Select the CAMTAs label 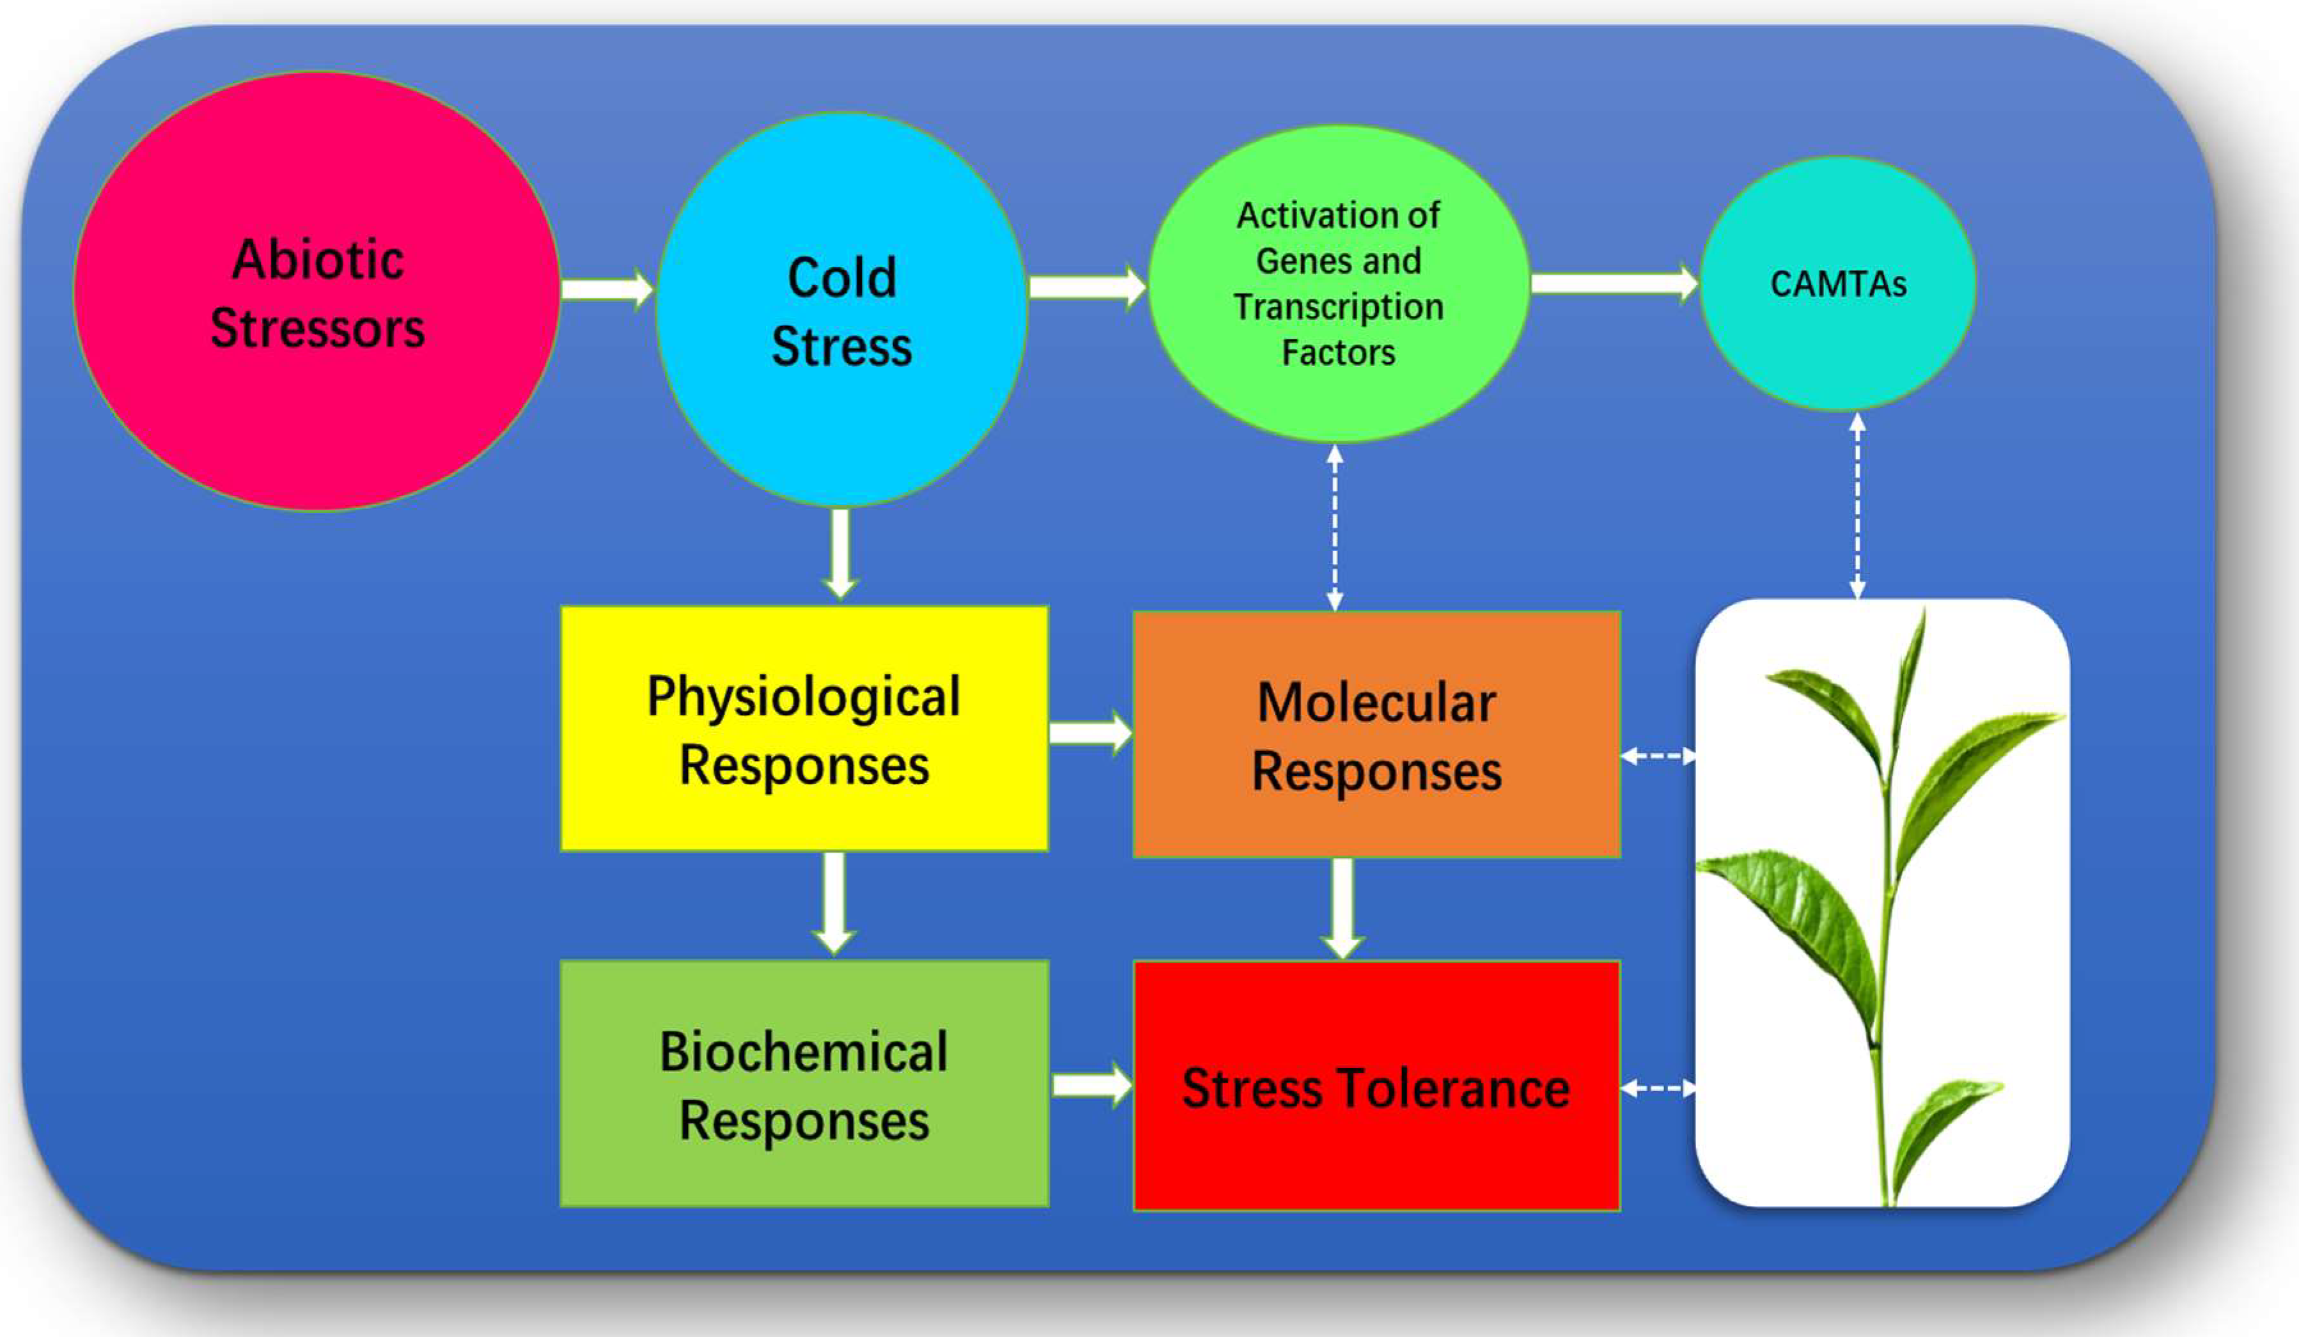[1837, 284]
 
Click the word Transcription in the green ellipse [1337, 307]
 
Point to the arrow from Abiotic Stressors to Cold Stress [606, 289]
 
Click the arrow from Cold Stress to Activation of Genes [1086, 286]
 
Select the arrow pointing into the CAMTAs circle [1613, 283]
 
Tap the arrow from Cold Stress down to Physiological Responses [840, 553]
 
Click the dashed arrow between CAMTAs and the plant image [1857, 506]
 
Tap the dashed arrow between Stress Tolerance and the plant [1658, 1088]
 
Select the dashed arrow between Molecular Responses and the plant [1658, 756]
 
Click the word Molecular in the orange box [1376, 703]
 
